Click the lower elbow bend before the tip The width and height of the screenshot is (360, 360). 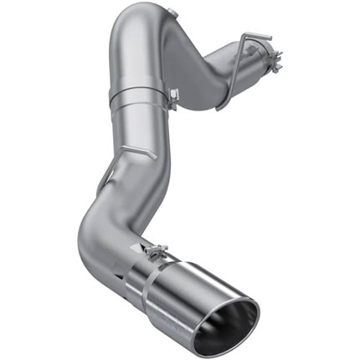(x=94, y=239)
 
